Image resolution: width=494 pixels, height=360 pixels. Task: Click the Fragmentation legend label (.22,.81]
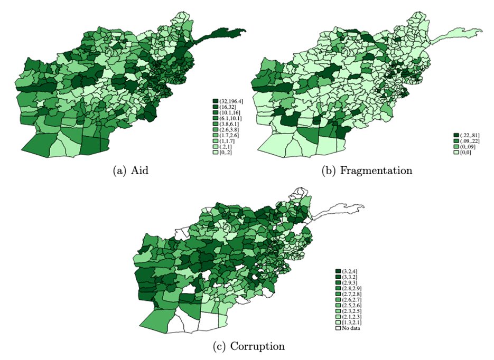(468, 136)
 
